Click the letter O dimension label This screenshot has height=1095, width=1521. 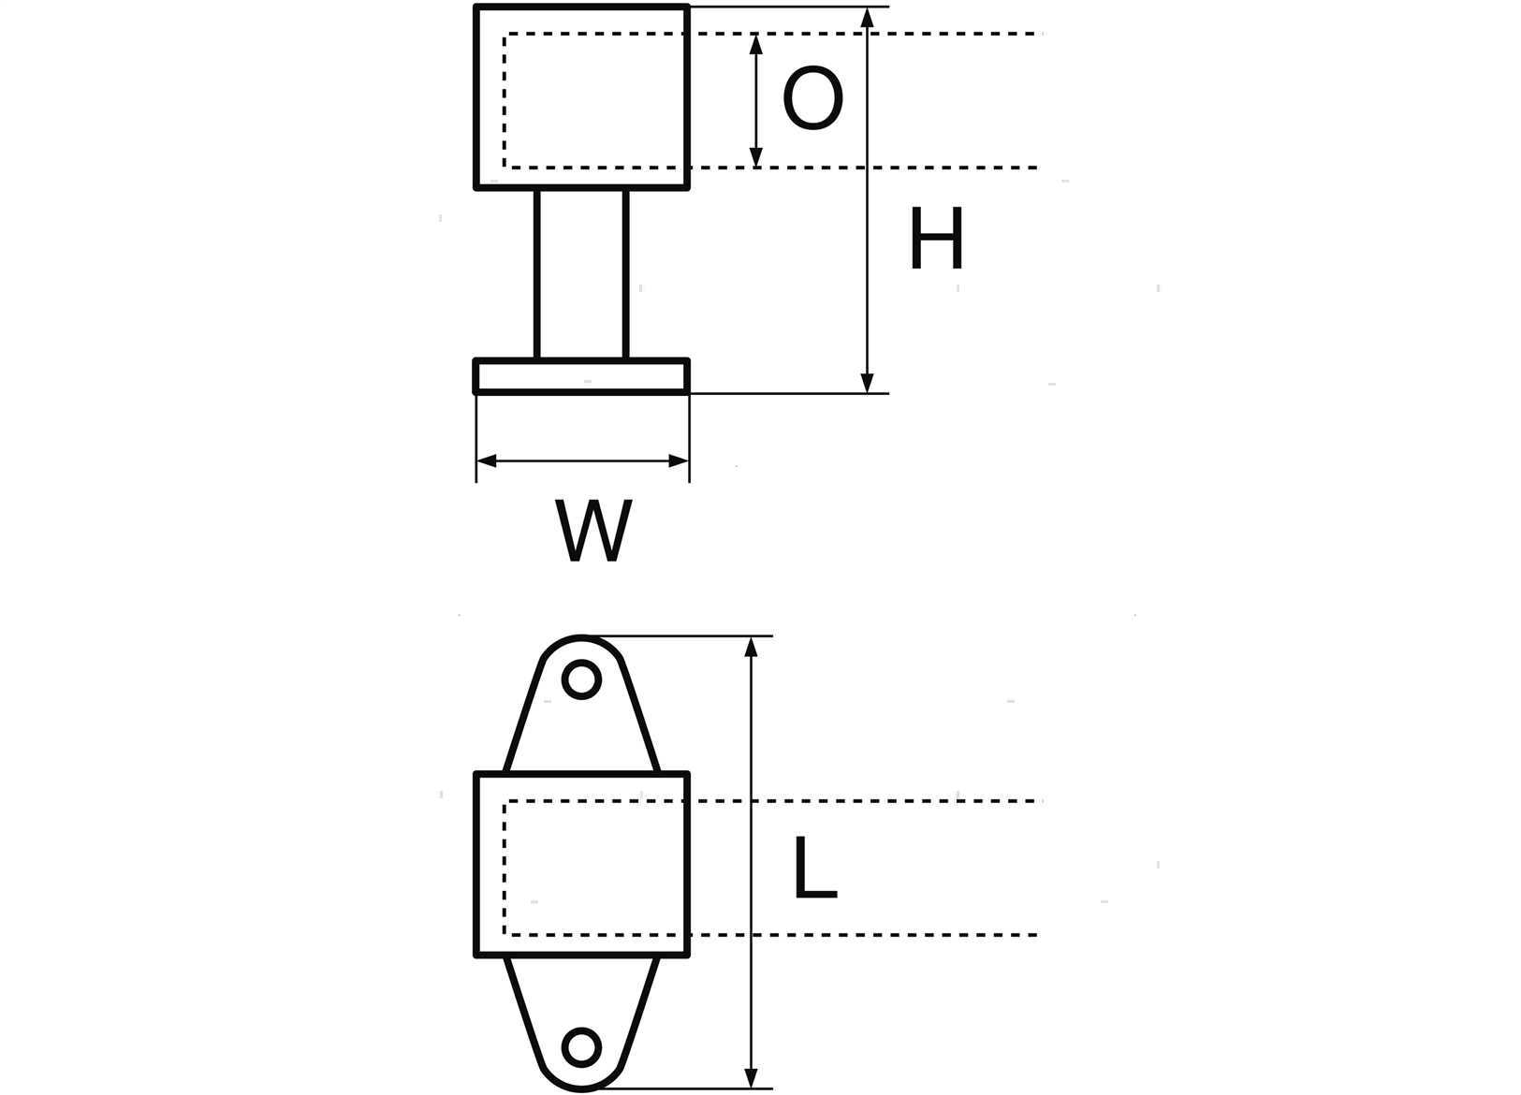812,97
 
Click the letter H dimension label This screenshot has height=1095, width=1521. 936,238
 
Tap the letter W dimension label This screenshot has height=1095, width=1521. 593,531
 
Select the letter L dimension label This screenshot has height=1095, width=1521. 815,867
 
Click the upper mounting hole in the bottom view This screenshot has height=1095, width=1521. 582,679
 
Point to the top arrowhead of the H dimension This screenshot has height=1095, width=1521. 867,17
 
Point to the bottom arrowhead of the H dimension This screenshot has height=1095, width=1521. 867,383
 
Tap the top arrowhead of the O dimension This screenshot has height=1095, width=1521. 755,43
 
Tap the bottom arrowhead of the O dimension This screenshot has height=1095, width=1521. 755,157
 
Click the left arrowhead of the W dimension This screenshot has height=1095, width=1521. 487,461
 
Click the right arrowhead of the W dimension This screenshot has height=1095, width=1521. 679,461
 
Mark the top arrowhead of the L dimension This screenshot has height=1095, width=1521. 751,647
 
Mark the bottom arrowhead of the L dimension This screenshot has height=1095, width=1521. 751,1077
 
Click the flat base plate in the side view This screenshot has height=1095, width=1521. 582,376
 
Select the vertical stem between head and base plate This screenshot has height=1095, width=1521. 582,273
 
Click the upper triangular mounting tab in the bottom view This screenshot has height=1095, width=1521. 582,706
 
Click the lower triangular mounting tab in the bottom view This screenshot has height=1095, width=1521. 582,1022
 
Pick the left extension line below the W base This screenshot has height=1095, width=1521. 476,439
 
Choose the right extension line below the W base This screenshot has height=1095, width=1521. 689,439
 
